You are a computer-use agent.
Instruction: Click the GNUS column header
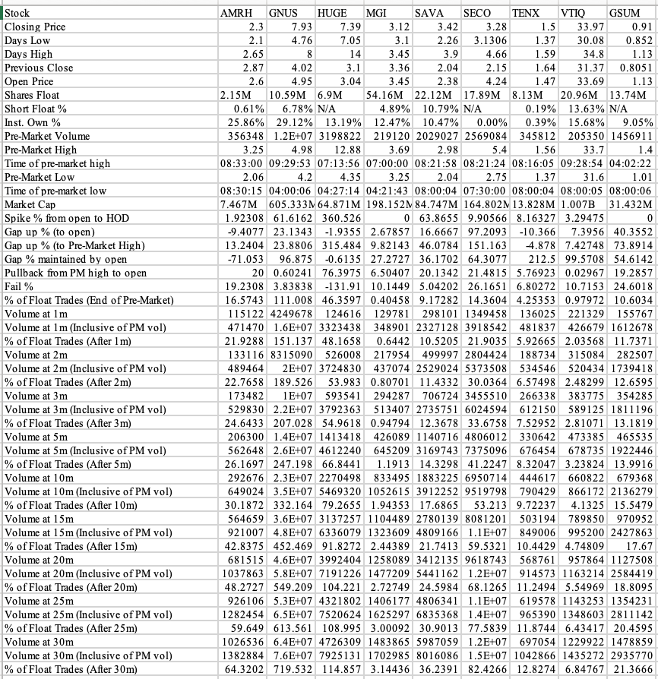[x=283, y=13]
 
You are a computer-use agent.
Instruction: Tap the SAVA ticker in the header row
[x=429, y=13]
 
